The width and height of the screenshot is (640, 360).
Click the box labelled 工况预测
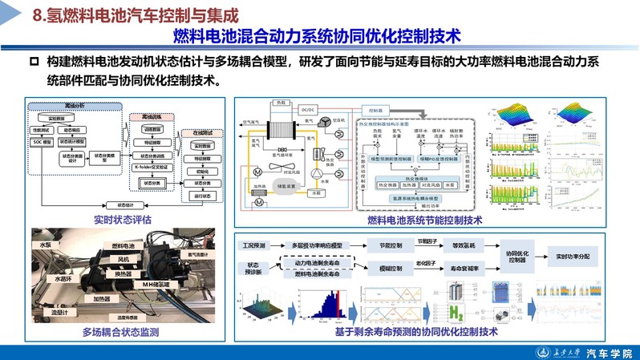(254, 245)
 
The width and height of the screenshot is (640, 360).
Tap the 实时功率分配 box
(573, 257)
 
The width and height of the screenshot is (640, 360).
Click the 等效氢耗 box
(464, 245)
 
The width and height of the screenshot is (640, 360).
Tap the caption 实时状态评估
(120, 219)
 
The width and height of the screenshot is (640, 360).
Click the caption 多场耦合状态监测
(120, 331)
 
